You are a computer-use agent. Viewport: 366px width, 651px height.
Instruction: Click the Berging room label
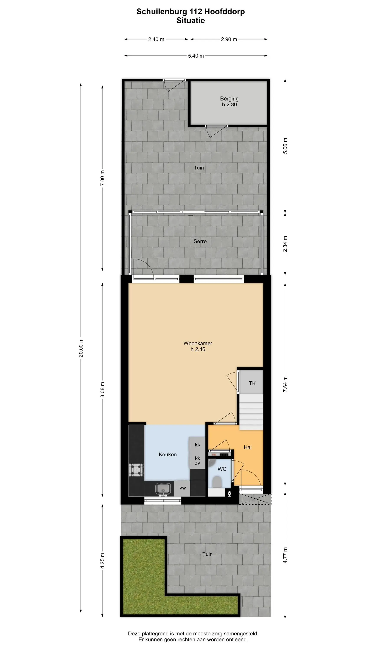point(229,99)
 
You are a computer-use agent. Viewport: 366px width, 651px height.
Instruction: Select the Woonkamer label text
point(198,343)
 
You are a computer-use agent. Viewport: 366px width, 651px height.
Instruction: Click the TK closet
point(251,382)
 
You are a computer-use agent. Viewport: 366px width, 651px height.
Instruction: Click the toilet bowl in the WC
point(216,482)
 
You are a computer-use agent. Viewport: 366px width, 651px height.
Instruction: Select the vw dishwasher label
point(183,488)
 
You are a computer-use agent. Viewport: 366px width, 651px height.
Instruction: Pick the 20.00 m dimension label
point(81,348)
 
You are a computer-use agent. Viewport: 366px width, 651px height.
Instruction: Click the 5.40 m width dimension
point(196,56)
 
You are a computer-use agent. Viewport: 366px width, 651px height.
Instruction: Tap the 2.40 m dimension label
point(156,39)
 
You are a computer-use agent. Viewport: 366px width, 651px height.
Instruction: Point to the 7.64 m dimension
point(285,384)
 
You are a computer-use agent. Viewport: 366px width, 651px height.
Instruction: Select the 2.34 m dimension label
point(285,244)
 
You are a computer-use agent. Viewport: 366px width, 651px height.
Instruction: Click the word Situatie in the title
point(190,20)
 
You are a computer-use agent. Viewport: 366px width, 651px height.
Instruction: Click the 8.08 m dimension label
point(102,390)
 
